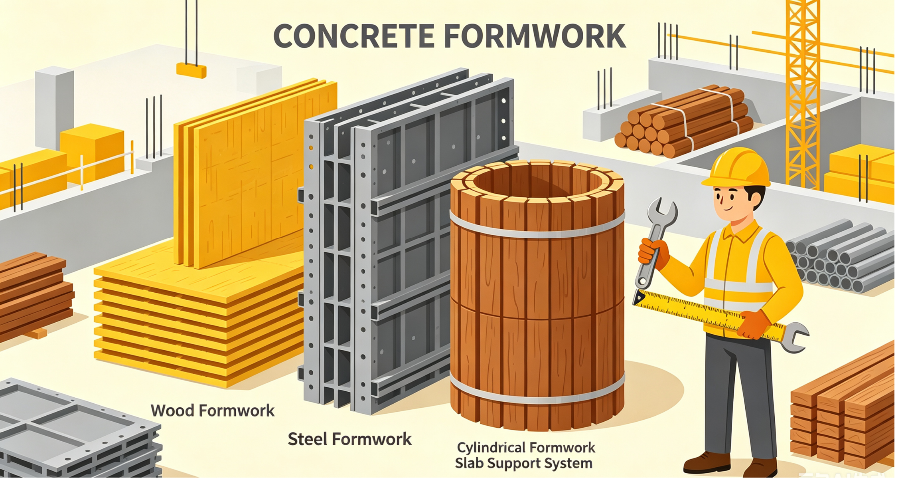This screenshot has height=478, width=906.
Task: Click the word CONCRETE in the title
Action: (x=354, y=36)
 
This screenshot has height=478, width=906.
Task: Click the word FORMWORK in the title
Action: (x=535, y=36)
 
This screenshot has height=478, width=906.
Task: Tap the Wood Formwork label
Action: (x=213, y=411)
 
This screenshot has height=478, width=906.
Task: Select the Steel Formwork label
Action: (x=349, y=439)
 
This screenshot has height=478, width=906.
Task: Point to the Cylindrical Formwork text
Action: (x=526, y=448)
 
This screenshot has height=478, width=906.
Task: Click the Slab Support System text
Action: (x=524, y=463)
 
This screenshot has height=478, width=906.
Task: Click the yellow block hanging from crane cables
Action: (x=191, y=70)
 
